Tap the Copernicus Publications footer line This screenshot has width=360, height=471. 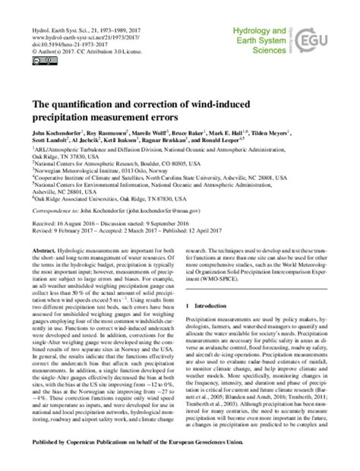point(179,460)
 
